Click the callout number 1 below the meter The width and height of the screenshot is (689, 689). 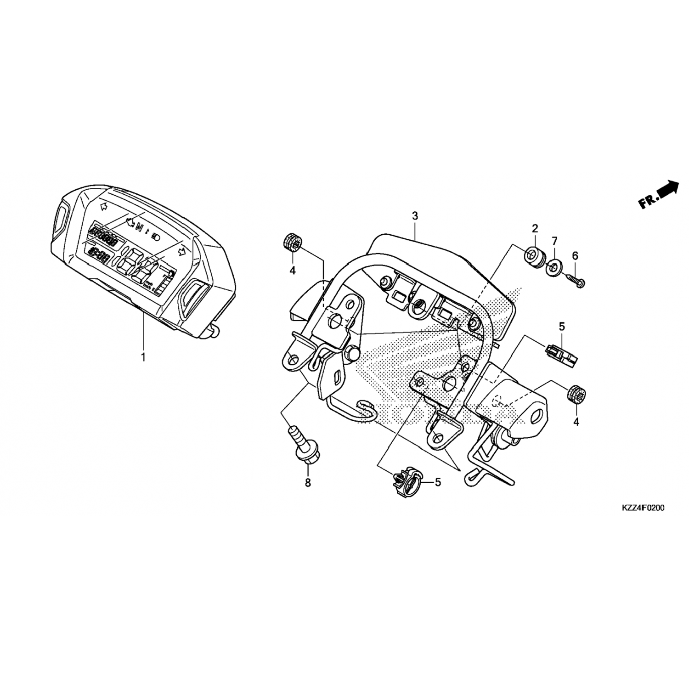tap(143, 357)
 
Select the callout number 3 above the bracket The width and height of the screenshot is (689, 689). tap(415, 216)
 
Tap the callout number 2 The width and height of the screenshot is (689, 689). tap(535, 228)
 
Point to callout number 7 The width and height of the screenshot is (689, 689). tap(554, 241)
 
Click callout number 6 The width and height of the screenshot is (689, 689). tap(575, 256)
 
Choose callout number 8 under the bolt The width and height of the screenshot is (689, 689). tap(308, 483)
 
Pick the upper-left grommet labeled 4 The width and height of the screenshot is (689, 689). tap(291, 243)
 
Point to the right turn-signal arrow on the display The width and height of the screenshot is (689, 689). tap(183, 250)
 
